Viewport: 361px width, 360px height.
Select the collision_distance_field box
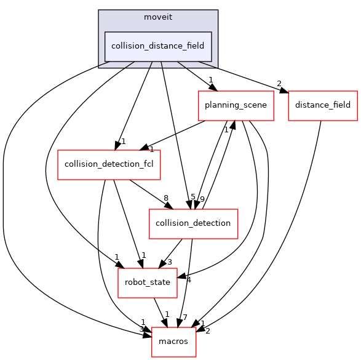(x=159, y=46)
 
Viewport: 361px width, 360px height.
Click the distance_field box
(x=322, y=105)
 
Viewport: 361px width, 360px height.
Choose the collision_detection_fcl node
(x=109, y=164)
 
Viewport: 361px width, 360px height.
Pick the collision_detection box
(x=193, y=223)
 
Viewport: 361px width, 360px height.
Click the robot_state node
(x=147, y=282)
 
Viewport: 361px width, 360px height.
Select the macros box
(x=173, y=342)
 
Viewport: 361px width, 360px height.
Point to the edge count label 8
(x=165, y=198)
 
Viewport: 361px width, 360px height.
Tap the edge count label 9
(x=202, y=198)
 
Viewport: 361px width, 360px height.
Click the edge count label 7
(x=184, y=317)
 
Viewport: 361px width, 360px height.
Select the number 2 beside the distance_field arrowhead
(x=279, y=84)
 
